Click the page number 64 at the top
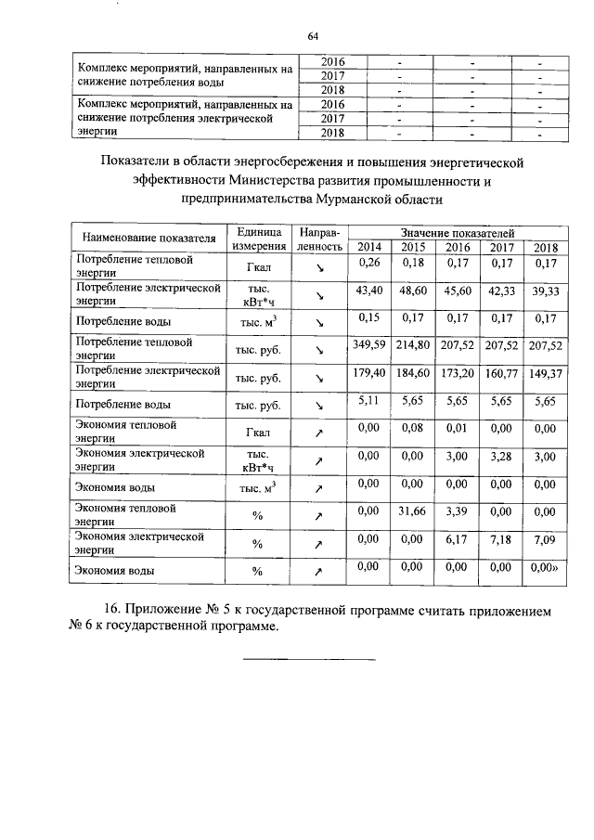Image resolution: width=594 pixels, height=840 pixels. click(x=313, y=35)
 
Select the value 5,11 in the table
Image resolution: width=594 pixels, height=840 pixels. click(x=369, y=400)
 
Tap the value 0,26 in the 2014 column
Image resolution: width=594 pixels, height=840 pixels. click(x=369, y=265)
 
